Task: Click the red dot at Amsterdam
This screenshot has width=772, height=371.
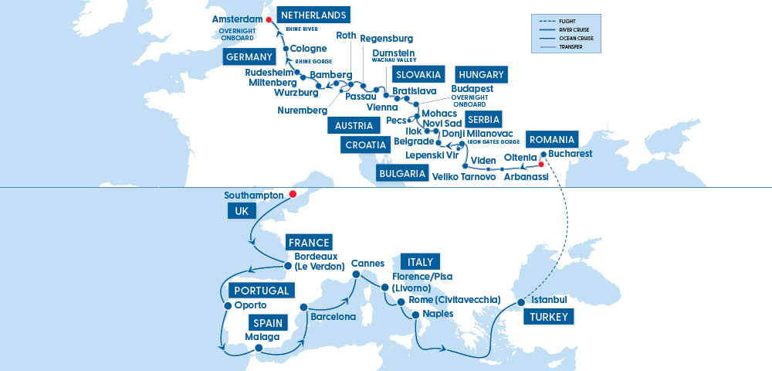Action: pos(269,20)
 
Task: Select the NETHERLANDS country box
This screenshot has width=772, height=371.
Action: pos(312,15)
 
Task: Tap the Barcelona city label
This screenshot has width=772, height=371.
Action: pos(333,317)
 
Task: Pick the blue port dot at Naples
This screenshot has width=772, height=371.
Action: pos(415,315)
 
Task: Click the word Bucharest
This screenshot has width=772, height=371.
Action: pos(571,154)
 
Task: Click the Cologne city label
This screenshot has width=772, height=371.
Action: pos(308,49)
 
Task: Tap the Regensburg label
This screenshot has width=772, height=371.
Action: pos(387,39)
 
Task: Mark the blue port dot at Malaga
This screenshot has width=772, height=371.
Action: pos(259,348)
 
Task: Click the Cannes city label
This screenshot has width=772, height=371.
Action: pos(367,263)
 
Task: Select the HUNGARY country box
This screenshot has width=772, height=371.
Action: pos(481,74)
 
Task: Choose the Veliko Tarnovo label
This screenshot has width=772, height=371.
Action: pos(464,179)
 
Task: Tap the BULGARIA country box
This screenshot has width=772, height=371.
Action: pos(402,173)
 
